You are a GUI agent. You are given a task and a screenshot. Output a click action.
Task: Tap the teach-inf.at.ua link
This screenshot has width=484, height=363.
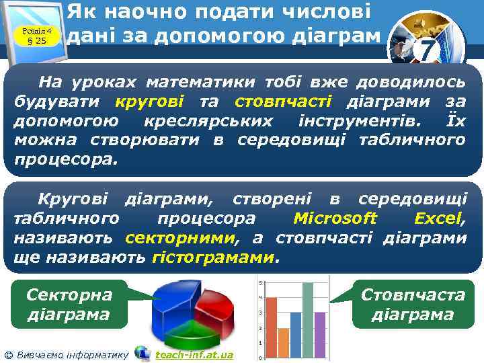[194, 355]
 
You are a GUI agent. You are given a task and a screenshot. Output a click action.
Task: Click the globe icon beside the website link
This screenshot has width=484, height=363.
[142, 354]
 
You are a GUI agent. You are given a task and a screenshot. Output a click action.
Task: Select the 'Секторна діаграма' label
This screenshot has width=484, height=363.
[69, 304]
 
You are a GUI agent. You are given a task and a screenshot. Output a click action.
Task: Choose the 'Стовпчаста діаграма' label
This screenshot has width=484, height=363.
[413, 304]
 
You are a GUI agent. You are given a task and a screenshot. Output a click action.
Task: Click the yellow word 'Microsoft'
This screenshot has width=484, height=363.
[335, 218]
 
